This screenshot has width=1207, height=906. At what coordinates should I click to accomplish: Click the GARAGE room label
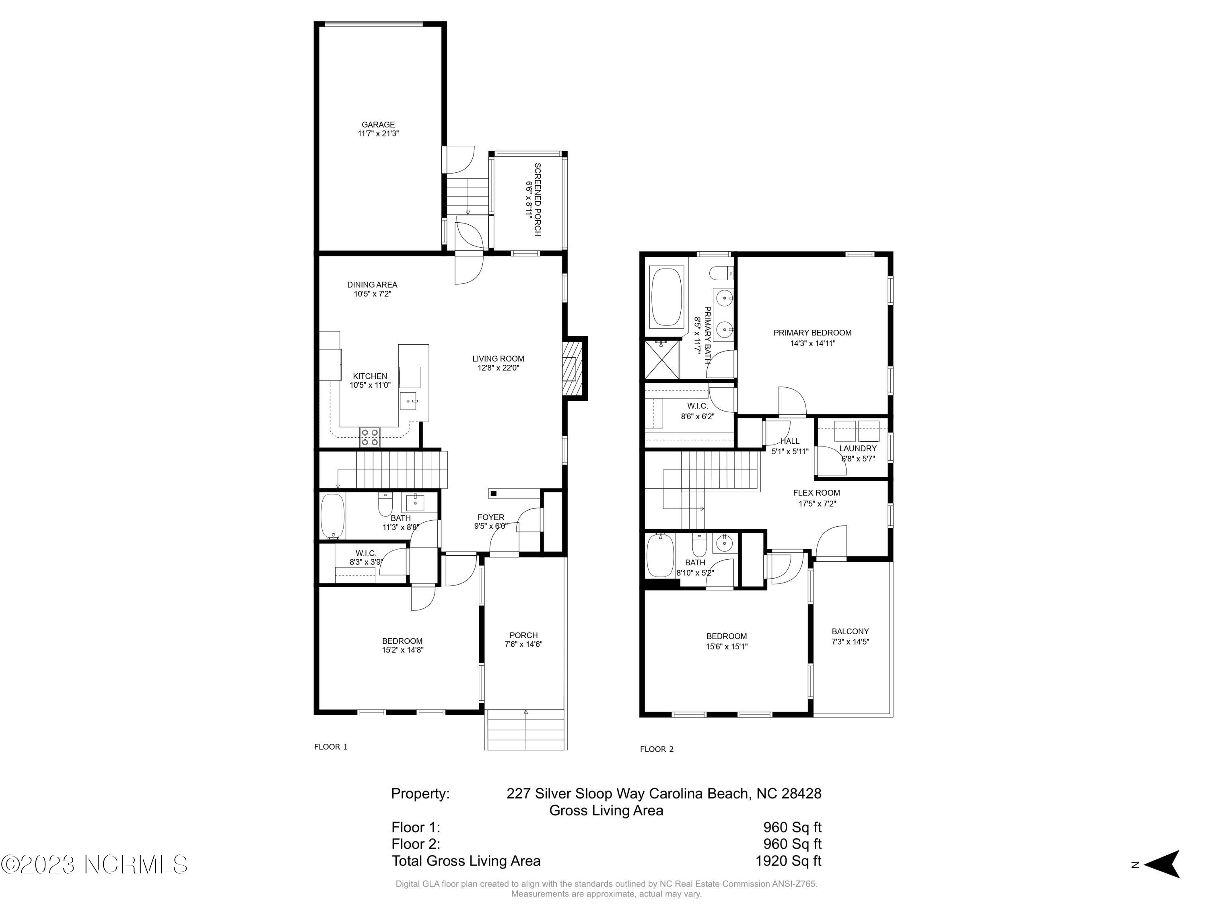point(378,124)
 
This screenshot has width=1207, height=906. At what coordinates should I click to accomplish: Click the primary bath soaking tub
point(666,297)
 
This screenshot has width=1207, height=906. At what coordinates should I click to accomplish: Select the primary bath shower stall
point(662,359)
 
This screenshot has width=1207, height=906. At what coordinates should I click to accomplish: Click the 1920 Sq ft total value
point(788,860)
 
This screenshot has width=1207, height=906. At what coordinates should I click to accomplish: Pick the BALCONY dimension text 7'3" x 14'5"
point(850,642)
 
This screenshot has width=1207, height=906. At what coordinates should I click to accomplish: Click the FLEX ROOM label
point(816,492)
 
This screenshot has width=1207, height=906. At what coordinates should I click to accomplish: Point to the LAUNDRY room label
point(858,448)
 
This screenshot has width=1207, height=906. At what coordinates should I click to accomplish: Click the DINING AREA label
point(372,285)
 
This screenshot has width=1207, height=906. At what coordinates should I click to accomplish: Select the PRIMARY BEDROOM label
point(812,333)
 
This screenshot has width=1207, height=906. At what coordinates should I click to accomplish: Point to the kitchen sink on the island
point(408,400)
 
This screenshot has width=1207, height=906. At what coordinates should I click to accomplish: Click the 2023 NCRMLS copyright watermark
point(94,864)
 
